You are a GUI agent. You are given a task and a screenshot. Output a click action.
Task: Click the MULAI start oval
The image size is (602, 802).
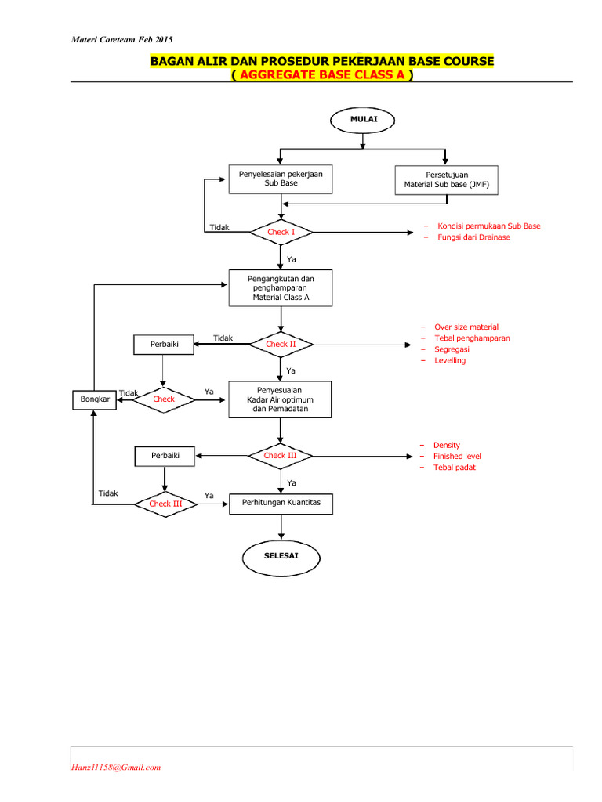[x=363, y=120]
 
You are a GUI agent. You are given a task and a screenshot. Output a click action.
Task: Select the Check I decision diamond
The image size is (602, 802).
[x=281, y=232]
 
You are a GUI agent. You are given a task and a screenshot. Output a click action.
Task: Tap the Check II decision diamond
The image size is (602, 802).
[x=281, y=344]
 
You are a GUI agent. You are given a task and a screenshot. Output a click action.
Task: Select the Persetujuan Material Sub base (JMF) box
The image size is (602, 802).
[x=446, y=179]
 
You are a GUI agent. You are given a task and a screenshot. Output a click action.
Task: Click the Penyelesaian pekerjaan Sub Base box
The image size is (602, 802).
[x=281, y=178]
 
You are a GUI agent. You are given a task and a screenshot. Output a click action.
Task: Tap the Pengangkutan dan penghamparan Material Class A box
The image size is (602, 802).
[x=281, y=287]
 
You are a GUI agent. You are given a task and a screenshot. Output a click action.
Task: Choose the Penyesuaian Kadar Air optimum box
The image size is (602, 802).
[x=281, y=399]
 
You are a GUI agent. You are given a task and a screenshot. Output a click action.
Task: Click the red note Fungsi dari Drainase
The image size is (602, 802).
[x=473, y=237]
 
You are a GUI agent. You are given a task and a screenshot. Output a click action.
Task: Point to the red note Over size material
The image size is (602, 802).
[x=466, y=327]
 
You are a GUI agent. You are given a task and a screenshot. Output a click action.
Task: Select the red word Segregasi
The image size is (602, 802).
[x=451, y=349]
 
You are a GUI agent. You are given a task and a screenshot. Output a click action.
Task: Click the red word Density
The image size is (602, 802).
[x=447, y=445]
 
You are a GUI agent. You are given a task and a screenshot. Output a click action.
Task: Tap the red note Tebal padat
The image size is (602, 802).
[x=454, y=468]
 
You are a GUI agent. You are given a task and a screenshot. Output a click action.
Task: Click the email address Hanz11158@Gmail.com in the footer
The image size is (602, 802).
[x=116, y=767]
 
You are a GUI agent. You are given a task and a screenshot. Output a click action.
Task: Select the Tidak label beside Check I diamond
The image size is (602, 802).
[x=219, y=227]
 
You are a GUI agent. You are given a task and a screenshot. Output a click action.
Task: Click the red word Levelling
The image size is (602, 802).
[x=450, y=360]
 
